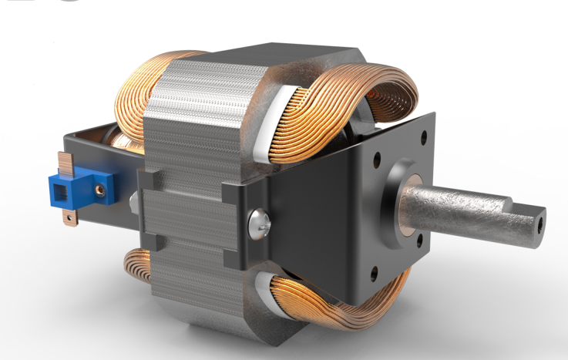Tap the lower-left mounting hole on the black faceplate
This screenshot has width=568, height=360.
click(x=375, y=272)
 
